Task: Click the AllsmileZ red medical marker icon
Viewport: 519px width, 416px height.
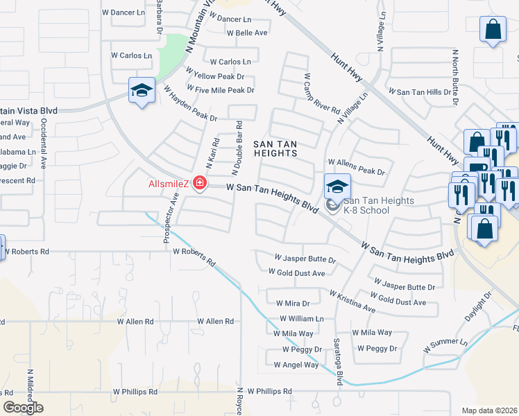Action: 200,183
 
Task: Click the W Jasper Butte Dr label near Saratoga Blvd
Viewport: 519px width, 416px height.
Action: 305,259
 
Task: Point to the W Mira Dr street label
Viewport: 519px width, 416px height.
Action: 293,303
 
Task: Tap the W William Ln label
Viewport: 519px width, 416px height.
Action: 302,318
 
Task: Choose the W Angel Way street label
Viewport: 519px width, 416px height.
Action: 296,364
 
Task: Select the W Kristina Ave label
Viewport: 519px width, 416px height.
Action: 352,301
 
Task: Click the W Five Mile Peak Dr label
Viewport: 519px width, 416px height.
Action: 221,90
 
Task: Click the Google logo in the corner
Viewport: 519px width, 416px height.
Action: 23,408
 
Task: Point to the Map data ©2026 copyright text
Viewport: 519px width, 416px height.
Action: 488,410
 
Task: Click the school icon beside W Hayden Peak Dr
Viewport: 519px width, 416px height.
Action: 142,92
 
